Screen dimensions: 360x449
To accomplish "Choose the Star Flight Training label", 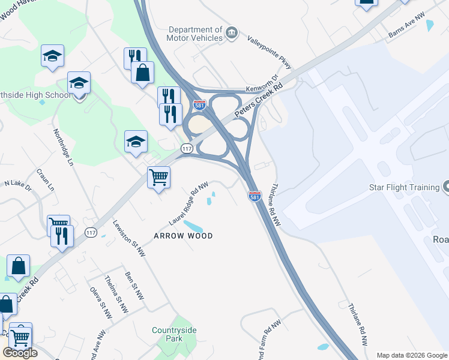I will coord(404,187).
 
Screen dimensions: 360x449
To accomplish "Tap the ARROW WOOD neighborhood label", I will coord(183,236).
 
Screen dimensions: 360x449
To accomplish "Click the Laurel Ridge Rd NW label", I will coord(188,203).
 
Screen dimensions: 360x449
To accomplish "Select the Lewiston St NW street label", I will coord(129,239).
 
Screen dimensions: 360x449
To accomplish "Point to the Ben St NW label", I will coord(134,286).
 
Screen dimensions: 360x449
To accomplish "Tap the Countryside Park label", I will coord(174,334).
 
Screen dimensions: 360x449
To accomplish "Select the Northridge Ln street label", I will coord(62,147).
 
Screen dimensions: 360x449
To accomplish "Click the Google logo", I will coord(20,352).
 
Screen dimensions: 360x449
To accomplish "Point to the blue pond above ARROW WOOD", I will coord(193,226).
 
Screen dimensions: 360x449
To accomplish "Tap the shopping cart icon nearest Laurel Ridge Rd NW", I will coord(158,177).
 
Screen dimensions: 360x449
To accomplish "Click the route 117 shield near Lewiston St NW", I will coord(91,232).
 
